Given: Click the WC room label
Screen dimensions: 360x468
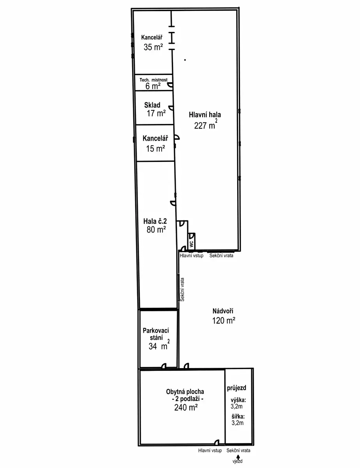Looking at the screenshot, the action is (191, 244).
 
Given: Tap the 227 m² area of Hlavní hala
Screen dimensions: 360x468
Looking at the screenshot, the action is (206, 124).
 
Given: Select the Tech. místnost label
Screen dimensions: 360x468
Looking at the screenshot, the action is (154, 80).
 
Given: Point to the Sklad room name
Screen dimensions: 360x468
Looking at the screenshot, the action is (152, 105).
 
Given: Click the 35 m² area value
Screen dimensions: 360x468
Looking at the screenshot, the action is (153, 47).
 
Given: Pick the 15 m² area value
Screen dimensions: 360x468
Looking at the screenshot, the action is (155, 148).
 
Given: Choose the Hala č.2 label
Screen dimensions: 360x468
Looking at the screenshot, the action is (155, 221).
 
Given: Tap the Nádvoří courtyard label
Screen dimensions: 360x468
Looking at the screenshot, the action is (223, 311).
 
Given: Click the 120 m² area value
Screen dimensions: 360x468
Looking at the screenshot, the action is (224, 321).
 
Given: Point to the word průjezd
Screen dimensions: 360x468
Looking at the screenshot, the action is (236, 388).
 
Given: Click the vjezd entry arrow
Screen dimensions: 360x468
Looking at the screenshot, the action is (238, 457).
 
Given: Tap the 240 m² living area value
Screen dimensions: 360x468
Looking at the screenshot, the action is (186, 407).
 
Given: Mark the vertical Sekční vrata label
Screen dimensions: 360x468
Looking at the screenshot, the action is (182, 289).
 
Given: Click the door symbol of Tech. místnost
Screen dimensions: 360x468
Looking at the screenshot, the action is (170, 85).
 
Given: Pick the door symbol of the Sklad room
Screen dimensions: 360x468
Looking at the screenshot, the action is (171, 108).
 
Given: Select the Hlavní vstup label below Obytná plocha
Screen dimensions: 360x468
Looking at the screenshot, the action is (210, 450).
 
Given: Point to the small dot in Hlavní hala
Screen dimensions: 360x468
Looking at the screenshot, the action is (185, 60).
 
